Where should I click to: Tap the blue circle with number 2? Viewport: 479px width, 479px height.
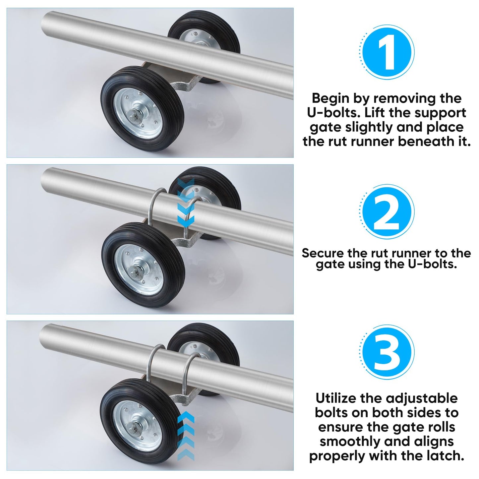tap(387, 212)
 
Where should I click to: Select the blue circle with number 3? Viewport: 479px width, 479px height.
tap(387, 352)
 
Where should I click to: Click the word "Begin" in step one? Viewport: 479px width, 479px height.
tap(330, 98)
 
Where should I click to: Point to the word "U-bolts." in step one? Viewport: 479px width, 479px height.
tap(333, 113)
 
